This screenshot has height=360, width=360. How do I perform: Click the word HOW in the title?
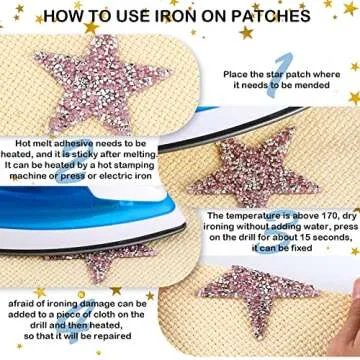point(66,16)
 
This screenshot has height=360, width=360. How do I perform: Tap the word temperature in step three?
point(255,215)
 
